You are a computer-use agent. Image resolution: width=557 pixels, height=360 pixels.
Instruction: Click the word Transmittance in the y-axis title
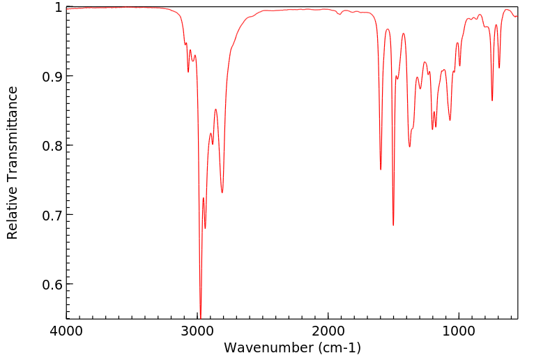pos(12,149)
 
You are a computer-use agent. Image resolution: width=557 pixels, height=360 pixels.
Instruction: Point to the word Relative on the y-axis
pos(12,217)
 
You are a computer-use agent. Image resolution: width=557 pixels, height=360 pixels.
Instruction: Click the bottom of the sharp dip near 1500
pos(393,225)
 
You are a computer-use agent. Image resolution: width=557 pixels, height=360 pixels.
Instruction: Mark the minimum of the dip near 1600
pos(381,170)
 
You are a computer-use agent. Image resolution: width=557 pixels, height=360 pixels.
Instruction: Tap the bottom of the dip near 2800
pos(222,193)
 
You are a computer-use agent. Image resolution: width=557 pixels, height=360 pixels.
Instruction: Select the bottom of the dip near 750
pos(492,100)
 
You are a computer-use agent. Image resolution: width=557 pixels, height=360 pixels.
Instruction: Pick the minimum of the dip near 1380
pos(409,147)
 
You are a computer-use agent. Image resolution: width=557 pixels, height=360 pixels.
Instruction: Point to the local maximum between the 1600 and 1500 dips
pos(388,29)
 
